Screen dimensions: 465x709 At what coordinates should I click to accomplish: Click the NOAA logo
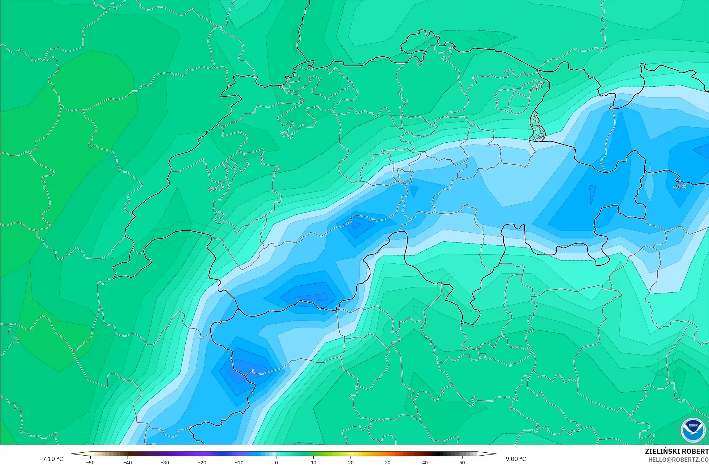(693, 430)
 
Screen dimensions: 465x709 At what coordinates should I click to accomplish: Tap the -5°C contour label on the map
(679, 186)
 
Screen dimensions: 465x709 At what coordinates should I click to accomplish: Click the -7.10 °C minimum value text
(51, 459)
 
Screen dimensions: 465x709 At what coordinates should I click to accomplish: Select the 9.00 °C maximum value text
(516, 459)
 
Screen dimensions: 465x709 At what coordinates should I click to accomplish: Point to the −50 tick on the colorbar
(90, 462)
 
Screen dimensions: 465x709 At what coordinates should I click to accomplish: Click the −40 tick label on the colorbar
(128, 462)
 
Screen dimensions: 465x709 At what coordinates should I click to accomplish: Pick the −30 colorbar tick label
(165, 462)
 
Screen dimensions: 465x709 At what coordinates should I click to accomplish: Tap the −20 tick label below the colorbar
(202, 462)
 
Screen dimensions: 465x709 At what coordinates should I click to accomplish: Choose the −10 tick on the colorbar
(239, 462)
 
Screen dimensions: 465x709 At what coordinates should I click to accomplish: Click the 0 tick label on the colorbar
(276, 462)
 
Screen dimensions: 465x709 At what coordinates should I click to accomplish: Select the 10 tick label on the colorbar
(313, 462)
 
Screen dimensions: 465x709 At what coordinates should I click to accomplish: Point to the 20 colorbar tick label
(351, 462)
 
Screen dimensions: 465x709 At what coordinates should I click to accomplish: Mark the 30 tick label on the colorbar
(388, 462)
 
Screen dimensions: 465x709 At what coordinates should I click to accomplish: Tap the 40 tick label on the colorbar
(425, 462)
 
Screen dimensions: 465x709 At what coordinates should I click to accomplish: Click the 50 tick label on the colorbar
(462, 462)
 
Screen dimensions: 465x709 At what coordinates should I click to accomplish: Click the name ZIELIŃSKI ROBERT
(676, 451)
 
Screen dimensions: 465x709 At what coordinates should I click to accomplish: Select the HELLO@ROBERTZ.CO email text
(678, 460)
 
